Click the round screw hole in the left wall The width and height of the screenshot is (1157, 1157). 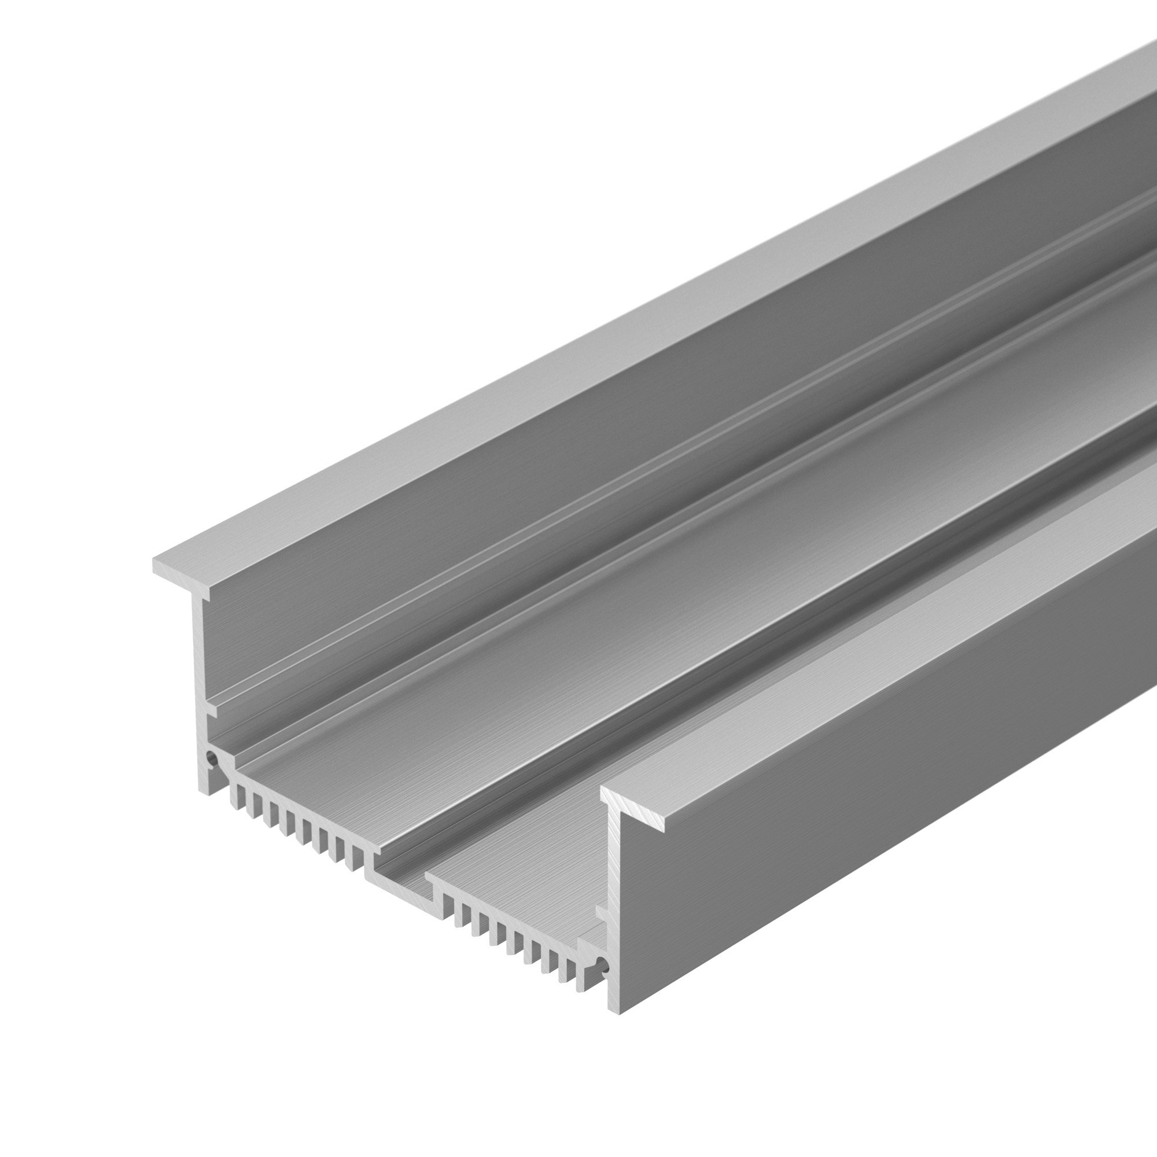(x=210, y=760)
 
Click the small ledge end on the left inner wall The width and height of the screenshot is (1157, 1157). (x=211, y=711)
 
